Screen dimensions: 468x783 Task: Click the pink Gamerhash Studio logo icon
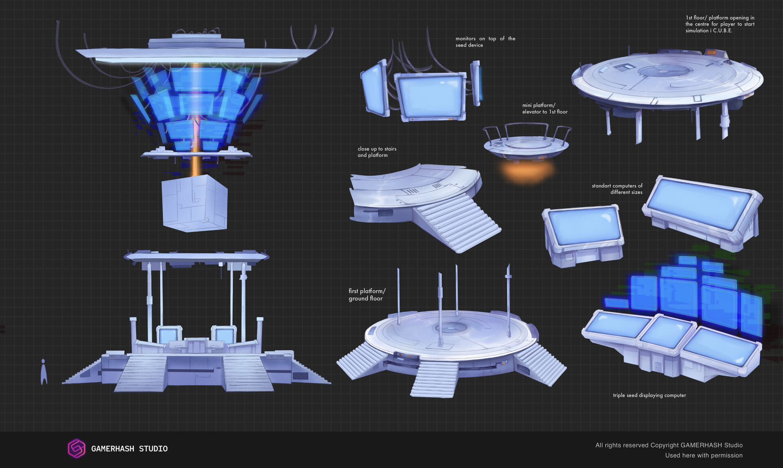tap(76, 448)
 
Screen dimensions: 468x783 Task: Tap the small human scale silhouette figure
tap(44, 372)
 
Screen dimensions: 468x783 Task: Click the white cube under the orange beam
tap(195, 203)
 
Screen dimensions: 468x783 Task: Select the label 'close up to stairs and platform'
tap(377, 152)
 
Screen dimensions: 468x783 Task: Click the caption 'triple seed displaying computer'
tap(649, 395)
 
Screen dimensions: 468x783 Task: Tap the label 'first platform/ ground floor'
tap(366, 294)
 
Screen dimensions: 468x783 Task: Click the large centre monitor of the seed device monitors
tap(431, 97)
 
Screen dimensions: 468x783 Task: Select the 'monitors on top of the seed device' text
tap(485, 42)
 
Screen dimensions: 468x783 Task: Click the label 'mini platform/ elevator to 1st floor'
tap(545, 108)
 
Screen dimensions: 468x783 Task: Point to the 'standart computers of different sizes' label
tap(617, 189)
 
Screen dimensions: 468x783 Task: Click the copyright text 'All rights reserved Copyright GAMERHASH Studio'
tap(669, 445)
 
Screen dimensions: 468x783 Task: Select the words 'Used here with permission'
tap(703, 455)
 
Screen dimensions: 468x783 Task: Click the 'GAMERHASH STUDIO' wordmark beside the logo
tap(129, 449)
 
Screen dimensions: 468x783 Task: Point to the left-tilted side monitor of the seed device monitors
tap(374, 88)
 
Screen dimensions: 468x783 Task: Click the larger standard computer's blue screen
tap(700, 204)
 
